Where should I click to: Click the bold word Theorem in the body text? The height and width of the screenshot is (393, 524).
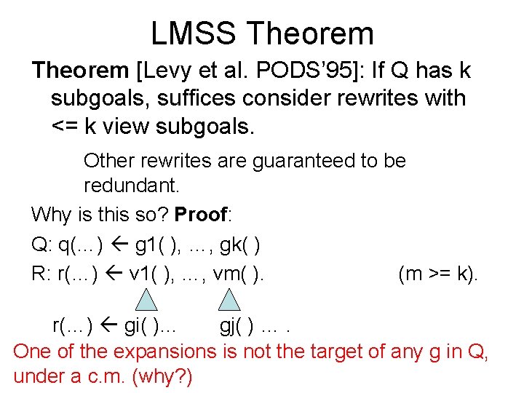(80, 71)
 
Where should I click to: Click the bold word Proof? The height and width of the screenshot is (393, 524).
(201, 215)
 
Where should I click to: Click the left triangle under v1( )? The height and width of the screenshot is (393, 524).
(147, 300)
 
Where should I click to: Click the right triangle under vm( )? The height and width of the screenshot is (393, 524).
(230, 300)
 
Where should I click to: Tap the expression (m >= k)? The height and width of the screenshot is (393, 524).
(438, 275)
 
